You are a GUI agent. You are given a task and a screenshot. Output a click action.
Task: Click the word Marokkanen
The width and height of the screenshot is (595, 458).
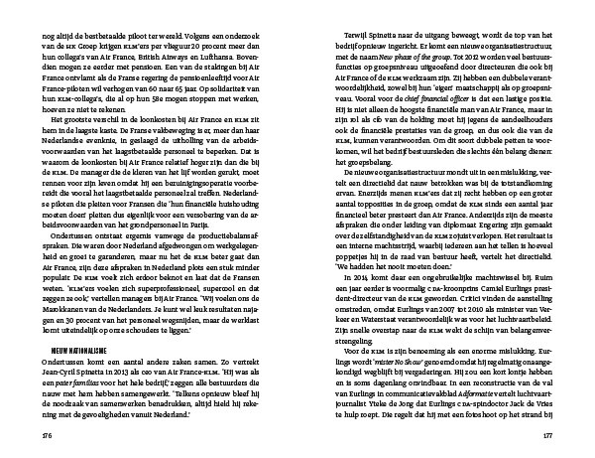pos(62,296)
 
